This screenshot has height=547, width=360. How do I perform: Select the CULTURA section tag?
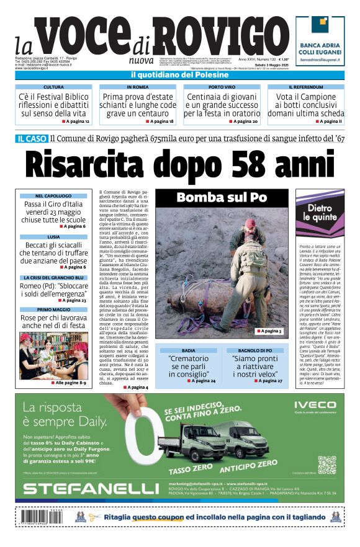tap(53, 87)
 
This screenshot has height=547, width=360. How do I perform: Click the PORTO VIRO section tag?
tap(222, 87)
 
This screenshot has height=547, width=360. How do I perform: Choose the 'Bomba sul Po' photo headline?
tap(221, 198)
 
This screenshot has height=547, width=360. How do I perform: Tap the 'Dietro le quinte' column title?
tap(322, 213)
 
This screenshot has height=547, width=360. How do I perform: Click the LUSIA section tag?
tap(53, 237)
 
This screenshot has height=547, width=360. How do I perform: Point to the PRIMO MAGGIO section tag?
tap(53, 309)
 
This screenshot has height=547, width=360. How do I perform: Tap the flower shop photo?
tap(53, 354)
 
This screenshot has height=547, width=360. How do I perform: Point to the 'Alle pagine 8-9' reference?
tap(70, 383)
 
